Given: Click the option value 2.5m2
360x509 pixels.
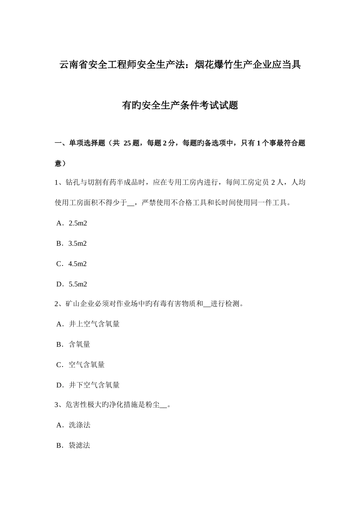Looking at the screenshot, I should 78,223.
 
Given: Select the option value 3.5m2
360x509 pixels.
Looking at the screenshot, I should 78,244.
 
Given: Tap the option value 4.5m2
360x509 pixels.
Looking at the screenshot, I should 78,264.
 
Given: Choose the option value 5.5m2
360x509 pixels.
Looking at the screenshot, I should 78,284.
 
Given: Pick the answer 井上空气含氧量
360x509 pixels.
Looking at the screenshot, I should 94,324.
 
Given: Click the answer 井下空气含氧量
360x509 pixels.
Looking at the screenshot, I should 94,385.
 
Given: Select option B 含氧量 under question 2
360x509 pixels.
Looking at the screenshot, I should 79,344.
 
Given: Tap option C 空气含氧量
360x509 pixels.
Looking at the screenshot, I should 86,365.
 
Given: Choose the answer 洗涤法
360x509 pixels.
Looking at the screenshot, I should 79,425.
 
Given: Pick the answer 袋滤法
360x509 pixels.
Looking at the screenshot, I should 79,445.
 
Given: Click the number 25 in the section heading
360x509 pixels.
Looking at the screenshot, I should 127,143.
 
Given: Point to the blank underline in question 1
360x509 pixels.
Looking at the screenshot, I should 131,203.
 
